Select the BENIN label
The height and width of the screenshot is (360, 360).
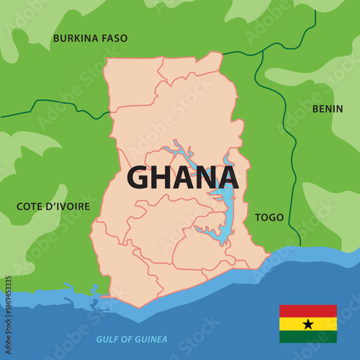click(x=328, y=109)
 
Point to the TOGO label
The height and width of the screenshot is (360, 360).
click(x=269, y=217)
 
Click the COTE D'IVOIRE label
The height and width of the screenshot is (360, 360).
click(x=53, y=207)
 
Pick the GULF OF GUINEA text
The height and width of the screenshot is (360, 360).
click(x=132, y=339)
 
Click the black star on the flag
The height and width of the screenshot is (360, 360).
click(x=308, y=324)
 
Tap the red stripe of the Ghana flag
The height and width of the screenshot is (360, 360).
click(x=308, y=311)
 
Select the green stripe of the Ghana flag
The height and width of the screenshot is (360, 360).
click(x=308, y=337)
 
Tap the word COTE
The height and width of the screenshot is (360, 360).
click(x=30, y=207)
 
